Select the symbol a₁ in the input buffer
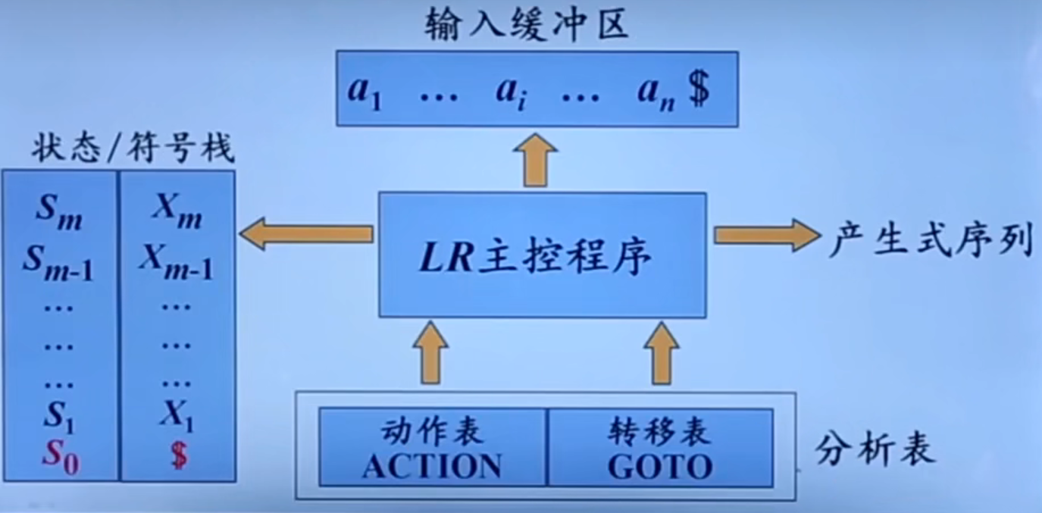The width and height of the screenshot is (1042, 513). point(365,91)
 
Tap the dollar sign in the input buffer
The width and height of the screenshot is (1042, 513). point(699,89)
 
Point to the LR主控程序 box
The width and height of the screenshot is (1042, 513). point(542,255)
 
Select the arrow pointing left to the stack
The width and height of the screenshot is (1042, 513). point(306,234)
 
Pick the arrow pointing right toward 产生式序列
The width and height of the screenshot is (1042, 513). point(766,235)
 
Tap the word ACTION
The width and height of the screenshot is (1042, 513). point(431,466)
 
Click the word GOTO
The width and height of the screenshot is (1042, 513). point(660,466)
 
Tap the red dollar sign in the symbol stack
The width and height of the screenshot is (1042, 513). point(178,458)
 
